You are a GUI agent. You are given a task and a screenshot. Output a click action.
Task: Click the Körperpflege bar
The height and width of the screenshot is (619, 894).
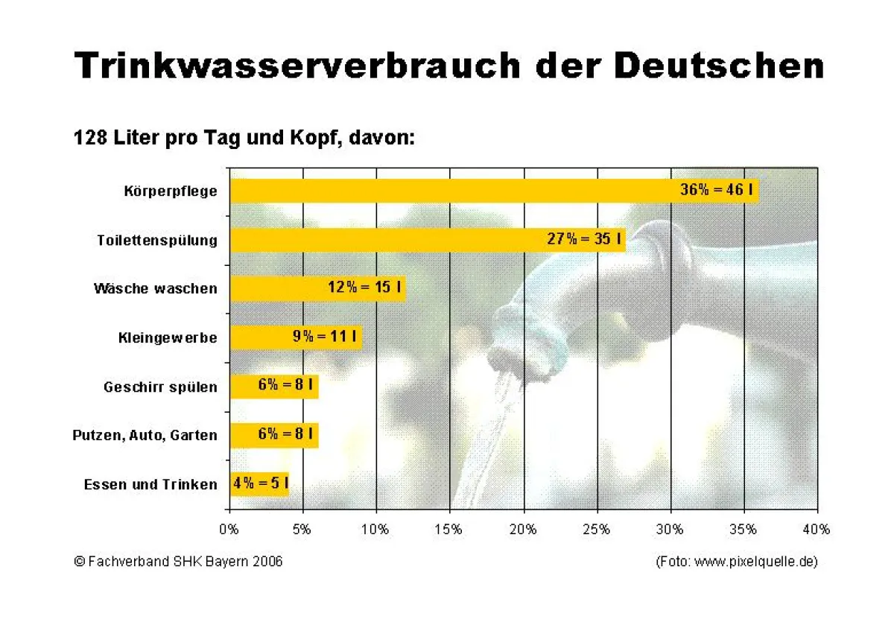pos(447,191)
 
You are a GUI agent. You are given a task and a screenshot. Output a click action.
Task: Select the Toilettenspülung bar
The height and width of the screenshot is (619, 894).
pos(387,240)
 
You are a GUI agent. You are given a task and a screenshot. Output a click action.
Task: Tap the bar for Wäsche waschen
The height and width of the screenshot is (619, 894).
pos(276,288)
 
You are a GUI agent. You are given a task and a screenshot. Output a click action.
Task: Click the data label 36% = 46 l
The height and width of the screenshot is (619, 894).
pos(715,190)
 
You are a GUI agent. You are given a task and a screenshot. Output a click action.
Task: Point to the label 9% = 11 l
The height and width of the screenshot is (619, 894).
pos(325,337)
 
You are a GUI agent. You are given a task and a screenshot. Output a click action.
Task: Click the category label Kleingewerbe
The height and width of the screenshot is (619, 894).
pos(168,337)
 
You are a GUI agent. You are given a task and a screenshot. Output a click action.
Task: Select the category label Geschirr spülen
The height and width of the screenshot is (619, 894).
pos(160,387)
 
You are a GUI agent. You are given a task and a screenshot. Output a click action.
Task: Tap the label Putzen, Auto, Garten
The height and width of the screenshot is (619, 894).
pos(145,435)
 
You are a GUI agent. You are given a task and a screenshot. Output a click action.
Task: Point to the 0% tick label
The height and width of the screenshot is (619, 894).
pos(229,530)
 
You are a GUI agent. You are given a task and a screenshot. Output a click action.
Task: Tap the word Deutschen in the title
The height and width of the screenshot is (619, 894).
pos(719,66)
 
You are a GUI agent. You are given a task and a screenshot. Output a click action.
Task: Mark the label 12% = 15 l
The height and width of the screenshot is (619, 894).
pos(365,288)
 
